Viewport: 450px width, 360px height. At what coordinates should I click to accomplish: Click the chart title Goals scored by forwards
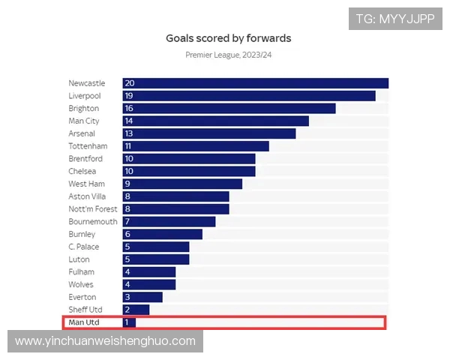point(228,37)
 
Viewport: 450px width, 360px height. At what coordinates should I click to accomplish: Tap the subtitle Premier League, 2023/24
point(228,55)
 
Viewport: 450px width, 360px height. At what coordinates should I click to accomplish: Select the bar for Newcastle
point(255,83)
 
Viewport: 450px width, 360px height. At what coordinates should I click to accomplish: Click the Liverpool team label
point(84,96)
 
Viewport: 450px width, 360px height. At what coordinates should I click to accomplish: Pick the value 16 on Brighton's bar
point(130,109)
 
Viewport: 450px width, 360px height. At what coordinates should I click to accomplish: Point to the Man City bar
point(216,121)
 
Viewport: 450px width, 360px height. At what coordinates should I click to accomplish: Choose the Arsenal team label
point(82,133)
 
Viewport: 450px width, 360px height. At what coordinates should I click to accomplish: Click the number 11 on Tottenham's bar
point(129,146)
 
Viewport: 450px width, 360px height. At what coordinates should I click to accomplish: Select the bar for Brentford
point(189,159)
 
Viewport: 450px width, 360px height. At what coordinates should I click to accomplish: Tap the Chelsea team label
point(82,171)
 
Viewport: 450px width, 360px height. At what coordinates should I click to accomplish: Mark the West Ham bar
point(182,184)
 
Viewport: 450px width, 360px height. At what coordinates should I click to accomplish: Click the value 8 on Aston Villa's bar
point(127,196)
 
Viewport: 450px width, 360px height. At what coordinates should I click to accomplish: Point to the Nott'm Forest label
point(93,209)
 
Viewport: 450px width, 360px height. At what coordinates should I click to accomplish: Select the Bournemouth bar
point(169,222)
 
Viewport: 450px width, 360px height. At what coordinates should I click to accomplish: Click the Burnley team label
point(82,234)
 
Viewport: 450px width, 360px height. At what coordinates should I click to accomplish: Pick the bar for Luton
point(156,259)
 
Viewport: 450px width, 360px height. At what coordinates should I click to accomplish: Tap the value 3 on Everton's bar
point(127,297)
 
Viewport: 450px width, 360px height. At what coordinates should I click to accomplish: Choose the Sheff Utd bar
point(136,310)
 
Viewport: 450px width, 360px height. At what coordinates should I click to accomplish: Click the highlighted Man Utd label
point(84,322)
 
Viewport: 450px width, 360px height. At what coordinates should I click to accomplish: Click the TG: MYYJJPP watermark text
point(395,19)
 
